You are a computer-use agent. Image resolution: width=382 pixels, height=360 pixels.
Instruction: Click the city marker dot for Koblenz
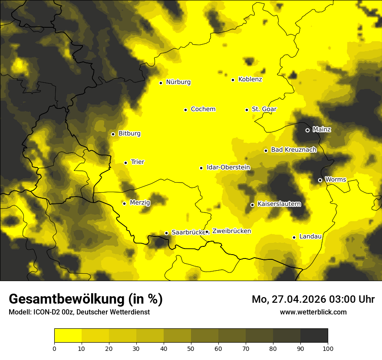[x=233, y=80]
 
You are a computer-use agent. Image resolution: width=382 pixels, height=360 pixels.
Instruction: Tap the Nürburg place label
[x=178, y=82]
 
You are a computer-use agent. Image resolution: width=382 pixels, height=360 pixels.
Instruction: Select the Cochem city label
[x=203, y=109]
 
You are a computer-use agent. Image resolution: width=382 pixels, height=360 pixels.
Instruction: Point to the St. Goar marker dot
[x=247, y=110]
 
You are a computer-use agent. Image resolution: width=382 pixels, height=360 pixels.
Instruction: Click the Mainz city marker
[x=307, y=130]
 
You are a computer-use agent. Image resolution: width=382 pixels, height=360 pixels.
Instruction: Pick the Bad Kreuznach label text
[x=293, y=150]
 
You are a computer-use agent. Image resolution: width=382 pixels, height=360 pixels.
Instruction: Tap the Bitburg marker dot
[x=113, y=134]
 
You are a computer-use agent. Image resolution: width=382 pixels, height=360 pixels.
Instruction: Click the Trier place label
[x=137, y=162]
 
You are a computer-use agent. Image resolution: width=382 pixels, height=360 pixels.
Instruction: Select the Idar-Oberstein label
[x=228, y=167]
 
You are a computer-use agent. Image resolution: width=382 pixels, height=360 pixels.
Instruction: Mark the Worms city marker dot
[x=320, y=180]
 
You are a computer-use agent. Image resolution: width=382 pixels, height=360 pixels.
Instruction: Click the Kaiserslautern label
[x=279, y=204]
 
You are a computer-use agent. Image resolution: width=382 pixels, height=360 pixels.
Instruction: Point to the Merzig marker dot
[x=124, y=203]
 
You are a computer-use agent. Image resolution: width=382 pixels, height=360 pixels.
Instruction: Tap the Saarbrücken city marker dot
[x=166, y=233]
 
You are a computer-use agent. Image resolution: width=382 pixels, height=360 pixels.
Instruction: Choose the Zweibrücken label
[x=231, y=231]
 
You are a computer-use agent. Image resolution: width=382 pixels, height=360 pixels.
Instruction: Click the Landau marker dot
[x=294, y=237]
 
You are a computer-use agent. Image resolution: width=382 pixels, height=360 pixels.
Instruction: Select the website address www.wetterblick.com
[x=313, y=312]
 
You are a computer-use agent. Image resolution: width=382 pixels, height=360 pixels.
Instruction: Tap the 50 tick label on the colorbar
[x=191, y=348]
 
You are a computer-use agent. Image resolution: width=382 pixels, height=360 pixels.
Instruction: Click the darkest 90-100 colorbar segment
[x=314, y=336]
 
